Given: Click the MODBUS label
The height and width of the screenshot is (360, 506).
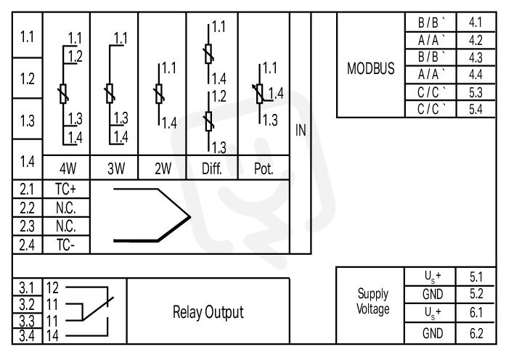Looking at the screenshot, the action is point(370,68).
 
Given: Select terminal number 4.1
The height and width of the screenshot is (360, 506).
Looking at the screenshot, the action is point(476,22).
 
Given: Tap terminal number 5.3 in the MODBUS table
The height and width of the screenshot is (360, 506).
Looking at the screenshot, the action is point(476,93).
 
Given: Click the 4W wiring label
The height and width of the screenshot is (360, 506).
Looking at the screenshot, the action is point(68,168).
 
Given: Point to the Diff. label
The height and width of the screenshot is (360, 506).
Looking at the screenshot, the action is point(212,168).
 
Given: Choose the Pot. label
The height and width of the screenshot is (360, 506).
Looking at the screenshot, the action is point(264,168).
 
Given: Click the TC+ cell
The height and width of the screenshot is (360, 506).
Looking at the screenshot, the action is point(65,189).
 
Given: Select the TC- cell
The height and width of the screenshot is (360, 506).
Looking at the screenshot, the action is point(65,245).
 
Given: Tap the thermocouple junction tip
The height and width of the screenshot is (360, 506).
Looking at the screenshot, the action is point(189,217).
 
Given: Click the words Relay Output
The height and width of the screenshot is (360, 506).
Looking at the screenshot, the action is point(208,312).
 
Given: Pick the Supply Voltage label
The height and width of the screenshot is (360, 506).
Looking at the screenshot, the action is point(372,301).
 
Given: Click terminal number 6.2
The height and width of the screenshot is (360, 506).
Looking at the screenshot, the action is point(476,333).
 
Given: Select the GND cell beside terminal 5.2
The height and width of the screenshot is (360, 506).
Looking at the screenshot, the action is point(433,294).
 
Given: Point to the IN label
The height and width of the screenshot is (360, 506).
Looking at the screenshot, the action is point(301,131).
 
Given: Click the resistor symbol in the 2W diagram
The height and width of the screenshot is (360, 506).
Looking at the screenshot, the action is point(159,94).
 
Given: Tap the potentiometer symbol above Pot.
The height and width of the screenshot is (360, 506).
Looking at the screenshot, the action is point(259,94).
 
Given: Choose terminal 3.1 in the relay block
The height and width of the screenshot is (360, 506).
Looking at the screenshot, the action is point(26,287).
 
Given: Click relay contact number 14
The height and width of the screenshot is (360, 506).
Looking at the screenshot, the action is point(52,336).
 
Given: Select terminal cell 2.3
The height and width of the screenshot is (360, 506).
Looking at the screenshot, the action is point(27,226).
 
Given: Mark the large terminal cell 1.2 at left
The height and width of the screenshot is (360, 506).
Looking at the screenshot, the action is point(27,78).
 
